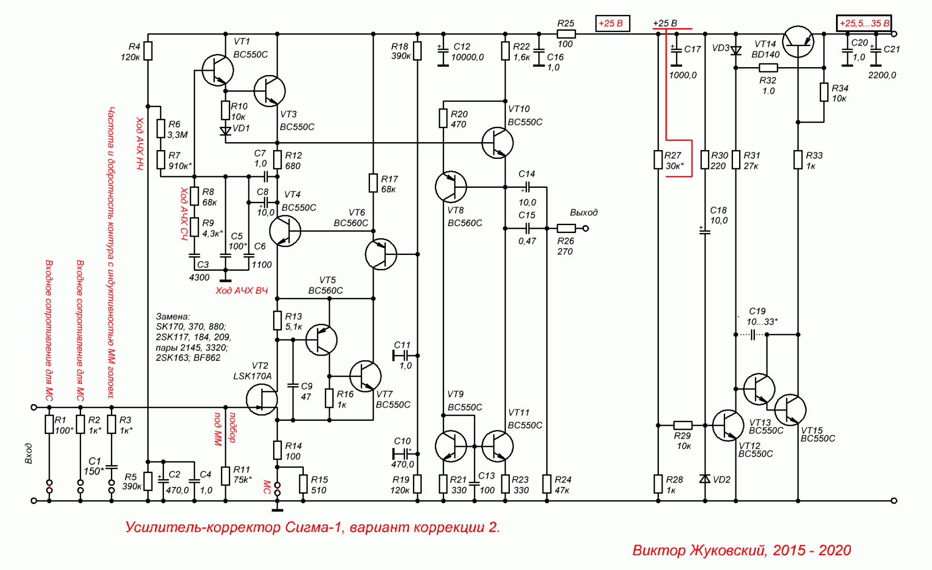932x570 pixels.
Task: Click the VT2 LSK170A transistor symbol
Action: tap(262, 399)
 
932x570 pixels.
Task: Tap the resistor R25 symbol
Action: tap(566, 34)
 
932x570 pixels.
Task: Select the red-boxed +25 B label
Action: tap(612, 23)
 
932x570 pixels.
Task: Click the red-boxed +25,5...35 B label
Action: tap(864, 23)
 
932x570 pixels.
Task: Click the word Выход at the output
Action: tap(583, 213)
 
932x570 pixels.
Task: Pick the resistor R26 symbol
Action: tap(566, 228)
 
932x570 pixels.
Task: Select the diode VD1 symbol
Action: tap(226, 131)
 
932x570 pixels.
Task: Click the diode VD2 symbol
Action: tap(705, 479)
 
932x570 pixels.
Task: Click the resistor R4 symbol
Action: tap(148, 51)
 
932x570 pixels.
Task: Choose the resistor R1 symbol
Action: tap(49, 425)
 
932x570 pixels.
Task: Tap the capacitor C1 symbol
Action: tap(111, 466)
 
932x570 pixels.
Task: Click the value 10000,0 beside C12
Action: tap(467, 57)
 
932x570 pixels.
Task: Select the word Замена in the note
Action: tap(173, 316)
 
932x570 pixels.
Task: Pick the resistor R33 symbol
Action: tap(798, 160)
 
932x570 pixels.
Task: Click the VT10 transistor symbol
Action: tap(497, 143)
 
